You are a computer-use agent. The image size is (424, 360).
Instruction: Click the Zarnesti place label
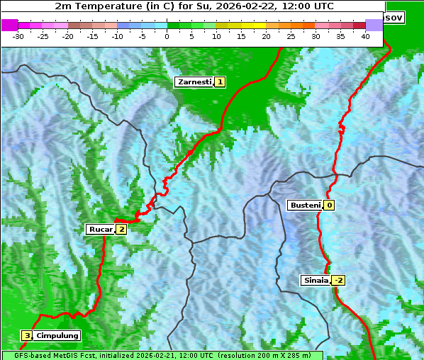pos(194,82)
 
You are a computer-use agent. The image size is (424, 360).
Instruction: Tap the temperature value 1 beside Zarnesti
pos(221,82)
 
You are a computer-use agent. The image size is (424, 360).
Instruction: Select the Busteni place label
pos(304,206)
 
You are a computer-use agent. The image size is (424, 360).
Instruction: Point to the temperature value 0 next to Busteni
pos(329,206)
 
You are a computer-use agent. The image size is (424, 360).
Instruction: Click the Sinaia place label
pos(316,280)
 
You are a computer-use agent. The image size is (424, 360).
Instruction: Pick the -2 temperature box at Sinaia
pos(338,280)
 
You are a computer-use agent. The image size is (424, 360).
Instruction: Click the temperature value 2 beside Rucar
pos(121,229)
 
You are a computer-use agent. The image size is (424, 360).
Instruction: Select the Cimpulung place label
pos(57,335)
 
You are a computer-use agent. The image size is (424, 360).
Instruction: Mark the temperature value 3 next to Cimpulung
pos(27,335)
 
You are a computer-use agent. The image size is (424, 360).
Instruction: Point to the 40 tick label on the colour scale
pos(365,36)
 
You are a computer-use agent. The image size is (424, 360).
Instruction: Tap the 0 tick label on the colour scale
pos(167,36)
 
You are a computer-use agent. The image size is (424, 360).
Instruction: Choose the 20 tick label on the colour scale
pos(266,36)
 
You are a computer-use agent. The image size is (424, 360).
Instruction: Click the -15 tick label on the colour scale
pos(92,36)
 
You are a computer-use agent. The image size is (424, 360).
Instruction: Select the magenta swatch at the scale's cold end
pos(9,25)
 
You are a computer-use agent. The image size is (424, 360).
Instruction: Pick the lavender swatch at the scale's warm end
pos(374,25)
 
